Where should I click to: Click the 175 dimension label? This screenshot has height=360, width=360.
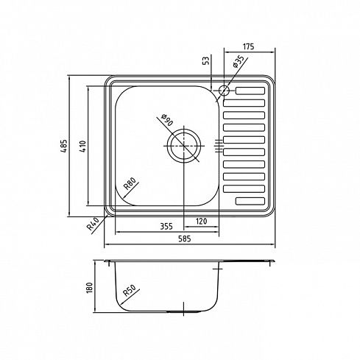click(x=248, y=46)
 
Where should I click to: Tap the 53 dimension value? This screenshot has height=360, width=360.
click(x=207, y=60)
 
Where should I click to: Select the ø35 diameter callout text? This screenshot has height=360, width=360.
click(x=238, y=62)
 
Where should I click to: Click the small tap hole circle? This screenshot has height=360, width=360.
click(x=224, y=91)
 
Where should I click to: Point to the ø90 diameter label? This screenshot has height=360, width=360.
click(x=166, y=120)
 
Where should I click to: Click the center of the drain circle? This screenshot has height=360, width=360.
click(x=184, y=146)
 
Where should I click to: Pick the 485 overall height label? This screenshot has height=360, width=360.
click(x=63, y=146)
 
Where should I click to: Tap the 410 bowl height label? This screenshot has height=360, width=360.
click(x=83, y=147)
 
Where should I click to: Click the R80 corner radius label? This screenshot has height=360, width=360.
click(x=130, y=184)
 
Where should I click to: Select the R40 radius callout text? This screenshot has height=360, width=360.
click(x=93, y=224)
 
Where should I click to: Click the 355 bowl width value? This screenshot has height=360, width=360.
click(x=166, y=226)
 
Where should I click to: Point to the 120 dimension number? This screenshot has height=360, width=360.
click(x=201, y=222)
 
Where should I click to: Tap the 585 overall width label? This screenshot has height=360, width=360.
click(x=185, y=239)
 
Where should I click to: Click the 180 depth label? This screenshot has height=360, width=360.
click(x=90, y=287)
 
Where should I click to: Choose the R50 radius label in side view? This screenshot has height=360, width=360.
click(x=129, y=291)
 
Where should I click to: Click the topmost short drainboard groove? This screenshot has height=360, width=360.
click(x=250, y=91)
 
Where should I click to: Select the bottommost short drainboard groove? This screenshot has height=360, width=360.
click(x=250, y=201)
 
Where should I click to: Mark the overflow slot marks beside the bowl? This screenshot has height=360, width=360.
click(x=219, y=146)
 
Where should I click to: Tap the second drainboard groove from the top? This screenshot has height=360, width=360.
click(x=244, y=103)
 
